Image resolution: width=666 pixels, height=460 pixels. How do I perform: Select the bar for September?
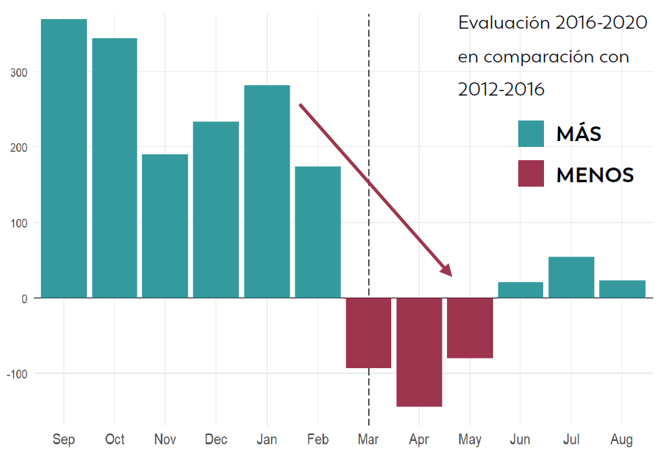click(x=63, y=158)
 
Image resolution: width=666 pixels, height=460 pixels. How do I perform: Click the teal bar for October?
click(x=114, y=168)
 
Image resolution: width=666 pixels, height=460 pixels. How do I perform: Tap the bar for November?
click(x=165, y=226)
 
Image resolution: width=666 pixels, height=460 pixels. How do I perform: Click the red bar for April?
click(x=419, y=352)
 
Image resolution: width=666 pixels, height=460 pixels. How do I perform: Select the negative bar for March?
click(x=368, y=333)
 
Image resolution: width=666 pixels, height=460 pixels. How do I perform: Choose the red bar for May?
click(x=470, y=328)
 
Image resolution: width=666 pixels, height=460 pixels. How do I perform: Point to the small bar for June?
click(x=520, y=290)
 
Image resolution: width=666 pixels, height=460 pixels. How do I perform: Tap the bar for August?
click(x=622, y=289)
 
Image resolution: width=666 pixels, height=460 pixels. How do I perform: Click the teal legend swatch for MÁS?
click(x=531, y=134)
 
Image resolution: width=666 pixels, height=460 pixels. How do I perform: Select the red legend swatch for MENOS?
click(x=531, y=173)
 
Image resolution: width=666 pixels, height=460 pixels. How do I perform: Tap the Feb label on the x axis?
click(x=318, y=440)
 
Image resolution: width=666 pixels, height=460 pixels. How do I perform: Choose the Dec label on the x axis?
click(x=215, y=440)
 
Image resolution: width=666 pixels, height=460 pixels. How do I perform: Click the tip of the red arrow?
click(x=451, y=276)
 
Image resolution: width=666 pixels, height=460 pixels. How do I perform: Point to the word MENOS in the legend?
click(x=595, y=175)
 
